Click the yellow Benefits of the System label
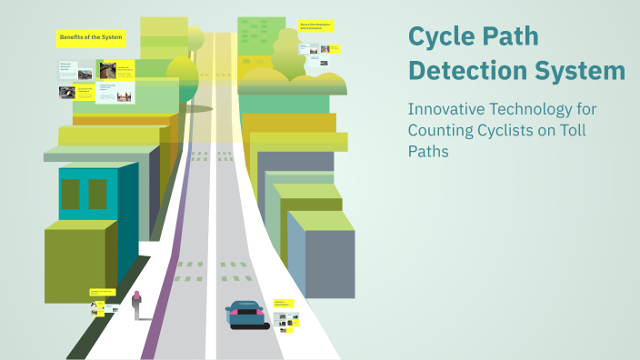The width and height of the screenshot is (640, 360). [91, 38]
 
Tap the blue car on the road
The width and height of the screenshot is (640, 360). [245, 314]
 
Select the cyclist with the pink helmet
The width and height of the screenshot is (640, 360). [137, 305]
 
